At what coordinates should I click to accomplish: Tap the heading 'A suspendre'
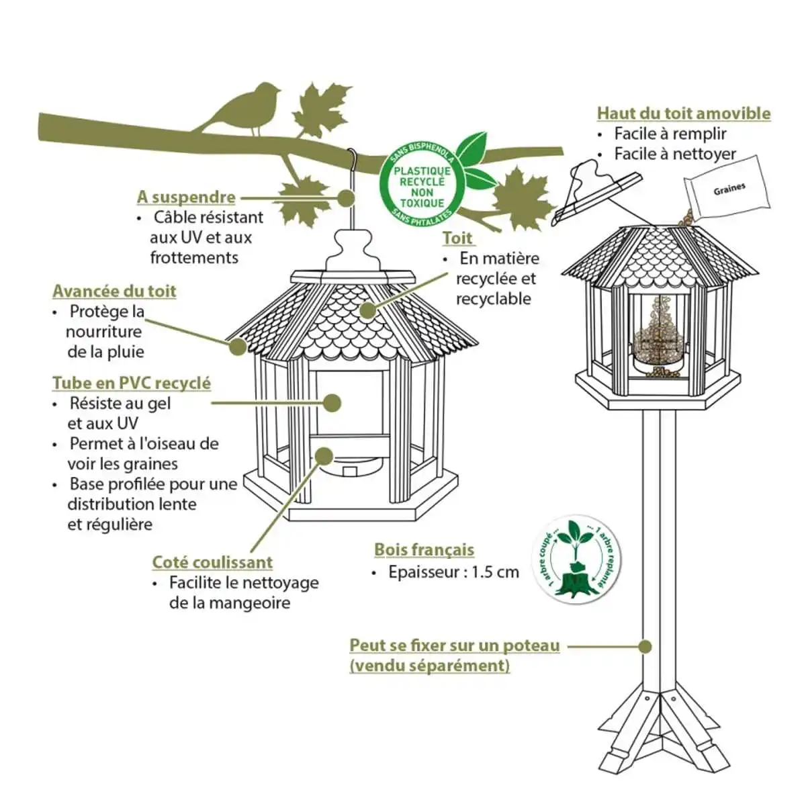186,197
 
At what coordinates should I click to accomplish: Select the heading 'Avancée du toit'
114,292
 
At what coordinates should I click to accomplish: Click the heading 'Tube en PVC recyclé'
132,384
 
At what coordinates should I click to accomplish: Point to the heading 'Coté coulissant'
212,562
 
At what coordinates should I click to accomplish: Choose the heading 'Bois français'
424,549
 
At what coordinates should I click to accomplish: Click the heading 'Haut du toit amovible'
684,114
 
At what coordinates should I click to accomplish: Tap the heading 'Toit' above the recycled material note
458,238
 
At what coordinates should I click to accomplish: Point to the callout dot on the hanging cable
346,198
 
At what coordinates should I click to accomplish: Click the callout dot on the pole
645,646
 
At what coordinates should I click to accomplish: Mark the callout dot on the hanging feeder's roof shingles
367,310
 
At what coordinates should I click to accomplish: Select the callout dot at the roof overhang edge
237,347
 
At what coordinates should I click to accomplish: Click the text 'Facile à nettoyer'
675,154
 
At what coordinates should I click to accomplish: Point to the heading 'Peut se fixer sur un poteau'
454,646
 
